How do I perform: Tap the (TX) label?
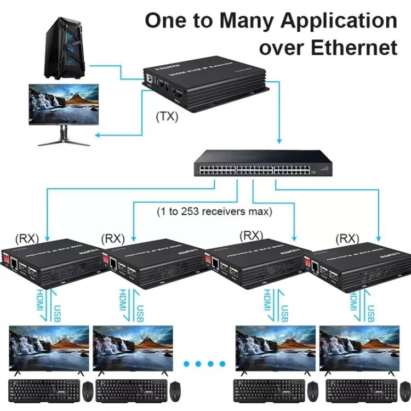tap(167, 117)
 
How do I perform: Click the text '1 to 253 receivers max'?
tap(214, 210)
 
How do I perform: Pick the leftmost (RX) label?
tap(26, 238)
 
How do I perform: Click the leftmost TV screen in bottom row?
tap(49, 348)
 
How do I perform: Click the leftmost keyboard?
tap(44, 390)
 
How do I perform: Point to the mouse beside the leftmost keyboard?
tap(88, 390)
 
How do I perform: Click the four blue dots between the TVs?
tap(204, 363)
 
